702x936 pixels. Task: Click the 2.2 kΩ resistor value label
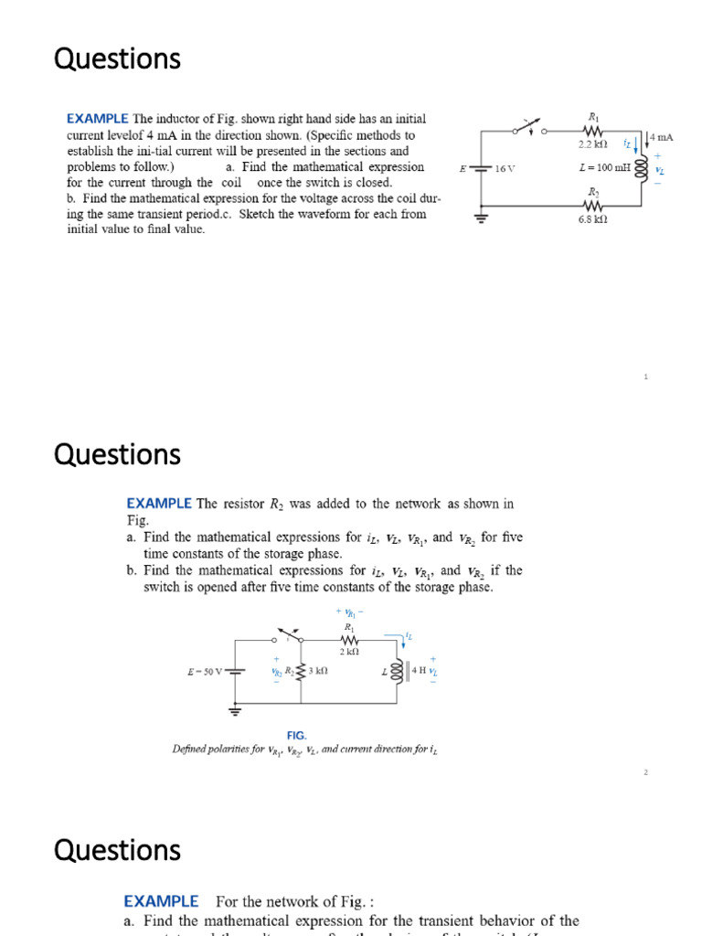point(593,144)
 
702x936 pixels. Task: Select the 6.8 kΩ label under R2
point(592,219)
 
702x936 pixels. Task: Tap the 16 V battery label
point(504,169)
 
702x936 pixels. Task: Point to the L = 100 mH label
point(605,168)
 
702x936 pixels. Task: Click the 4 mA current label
point(661,137)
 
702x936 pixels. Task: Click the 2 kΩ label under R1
point(348,652)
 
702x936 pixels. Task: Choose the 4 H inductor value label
point(419,670)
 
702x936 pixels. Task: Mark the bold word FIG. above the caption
point(296,735)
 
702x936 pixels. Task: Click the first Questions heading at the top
point(118,58)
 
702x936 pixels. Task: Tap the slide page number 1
point(645,377)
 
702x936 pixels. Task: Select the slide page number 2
point(645,772)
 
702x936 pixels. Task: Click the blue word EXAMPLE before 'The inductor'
point(98,119)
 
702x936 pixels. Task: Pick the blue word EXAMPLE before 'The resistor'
point(159,503)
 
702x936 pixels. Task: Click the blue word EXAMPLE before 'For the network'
point(161,901)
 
